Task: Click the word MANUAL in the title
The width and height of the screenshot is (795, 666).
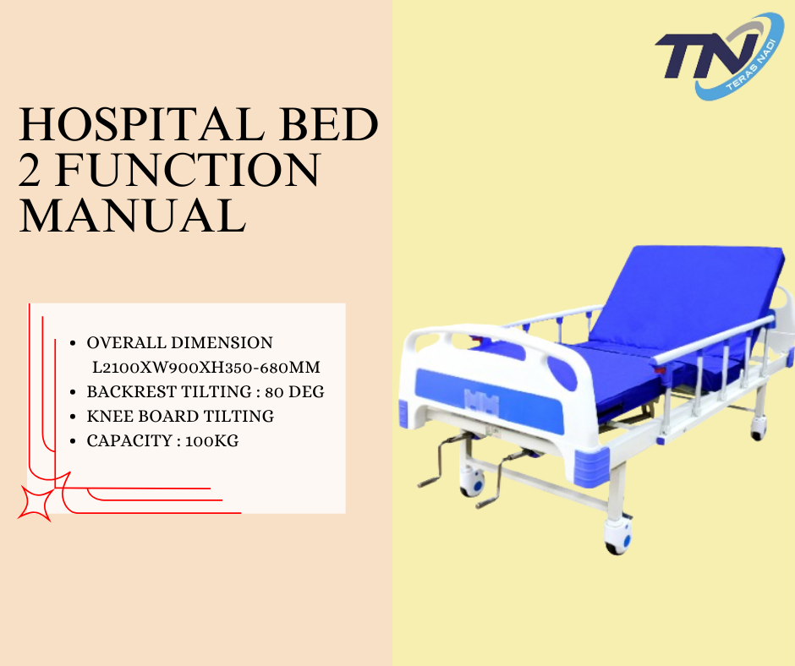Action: (133, 216)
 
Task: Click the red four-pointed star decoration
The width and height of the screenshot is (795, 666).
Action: (35, 504)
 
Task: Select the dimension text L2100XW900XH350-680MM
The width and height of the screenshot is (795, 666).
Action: (206, 368)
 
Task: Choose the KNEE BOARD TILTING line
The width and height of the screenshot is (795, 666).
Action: (180, 416)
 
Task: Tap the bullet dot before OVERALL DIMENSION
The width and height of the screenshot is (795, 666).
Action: (74, 344)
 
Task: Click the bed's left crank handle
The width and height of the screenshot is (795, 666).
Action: (440, 461)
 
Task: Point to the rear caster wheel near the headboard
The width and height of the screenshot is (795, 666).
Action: (758, 429)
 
